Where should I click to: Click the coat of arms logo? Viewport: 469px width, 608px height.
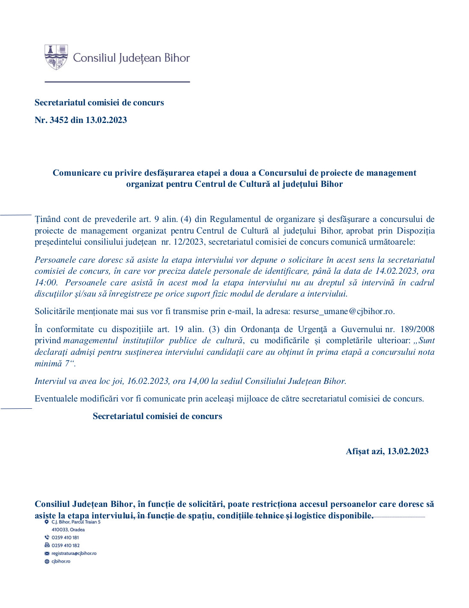(x=56, y=57)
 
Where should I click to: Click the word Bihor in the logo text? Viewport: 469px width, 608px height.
(x=177, y=58)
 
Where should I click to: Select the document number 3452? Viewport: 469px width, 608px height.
(x=59, y=120)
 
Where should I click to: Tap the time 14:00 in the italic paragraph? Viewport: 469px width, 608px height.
(x=46, y=282)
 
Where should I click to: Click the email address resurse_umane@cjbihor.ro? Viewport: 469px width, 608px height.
(x=343, y=311)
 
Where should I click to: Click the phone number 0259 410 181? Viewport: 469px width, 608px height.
(x=65, y=537)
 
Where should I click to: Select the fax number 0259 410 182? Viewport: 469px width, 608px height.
(x=65, y=545)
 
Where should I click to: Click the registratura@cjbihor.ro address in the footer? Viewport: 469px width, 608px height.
(x=74, y=553)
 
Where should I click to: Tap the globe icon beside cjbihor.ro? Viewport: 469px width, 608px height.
(x=47, y=561)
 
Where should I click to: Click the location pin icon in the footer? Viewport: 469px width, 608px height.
(x=47, y=522)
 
